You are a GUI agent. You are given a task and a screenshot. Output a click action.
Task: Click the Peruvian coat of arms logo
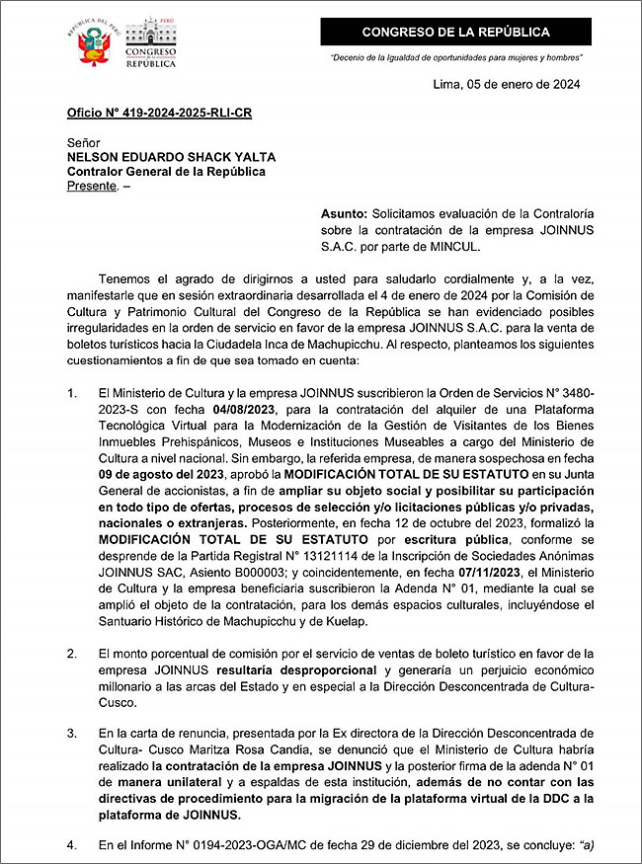pyautogui.click(x=94, y=42)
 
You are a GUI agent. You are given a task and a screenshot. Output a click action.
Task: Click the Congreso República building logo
pyautogui.click(x=151, y=42)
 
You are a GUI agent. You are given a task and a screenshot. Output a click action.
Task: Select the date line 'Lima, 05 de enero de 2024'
pyautogui.click(x=507, y=84)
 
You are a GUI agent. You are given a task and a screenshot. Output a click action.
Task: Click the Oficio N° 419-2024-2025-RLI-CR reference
pyautogui.click(x=159, y=113)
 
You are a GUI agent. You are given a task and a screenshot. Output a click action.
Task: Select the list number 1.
pyautogui.click(x=71, y=393)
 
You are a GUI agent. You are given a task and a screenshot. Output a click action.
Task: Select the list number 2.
pyautogui.click(x=71, y=654)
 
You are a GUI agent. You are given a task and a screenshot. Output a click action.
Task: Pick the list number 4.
pyautogui.click(x=71, y=846)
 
